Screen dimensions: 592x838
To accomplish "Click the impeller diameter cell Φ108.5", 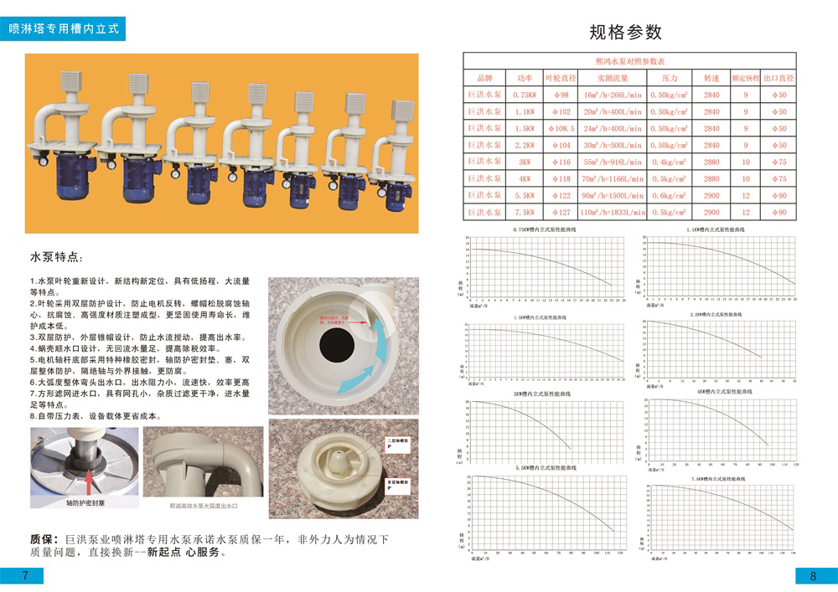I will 561,128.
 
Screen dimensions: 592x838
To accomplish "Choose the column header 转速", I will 711,77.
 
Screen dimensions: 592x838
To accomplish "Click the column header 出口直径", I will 779,77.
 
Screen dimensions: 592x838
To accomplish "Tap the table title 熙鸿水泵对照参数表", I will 629,61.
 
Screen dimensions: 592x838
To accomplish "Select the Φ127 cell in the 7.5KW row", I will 561,212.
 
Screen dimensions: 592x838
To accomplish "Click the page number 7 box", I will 25,574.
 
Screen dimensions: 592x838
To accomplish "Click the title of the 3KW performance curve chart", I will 541,393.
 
